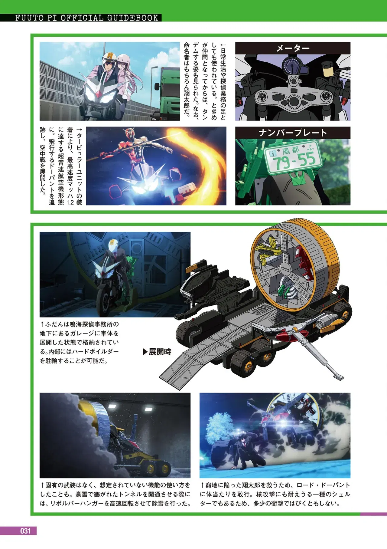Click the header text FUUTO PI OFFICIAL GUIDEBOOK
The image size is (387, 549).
[x=87, y=18]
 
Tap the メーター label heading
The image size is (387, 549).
[x=293, y=48]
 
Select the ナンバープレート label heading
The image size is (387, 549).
[x=293, y=133]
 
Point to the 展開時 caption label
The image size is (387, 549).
[x=157, y=352]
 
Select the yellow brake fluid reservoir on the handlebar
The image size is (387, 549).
[x=328, y=70]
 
